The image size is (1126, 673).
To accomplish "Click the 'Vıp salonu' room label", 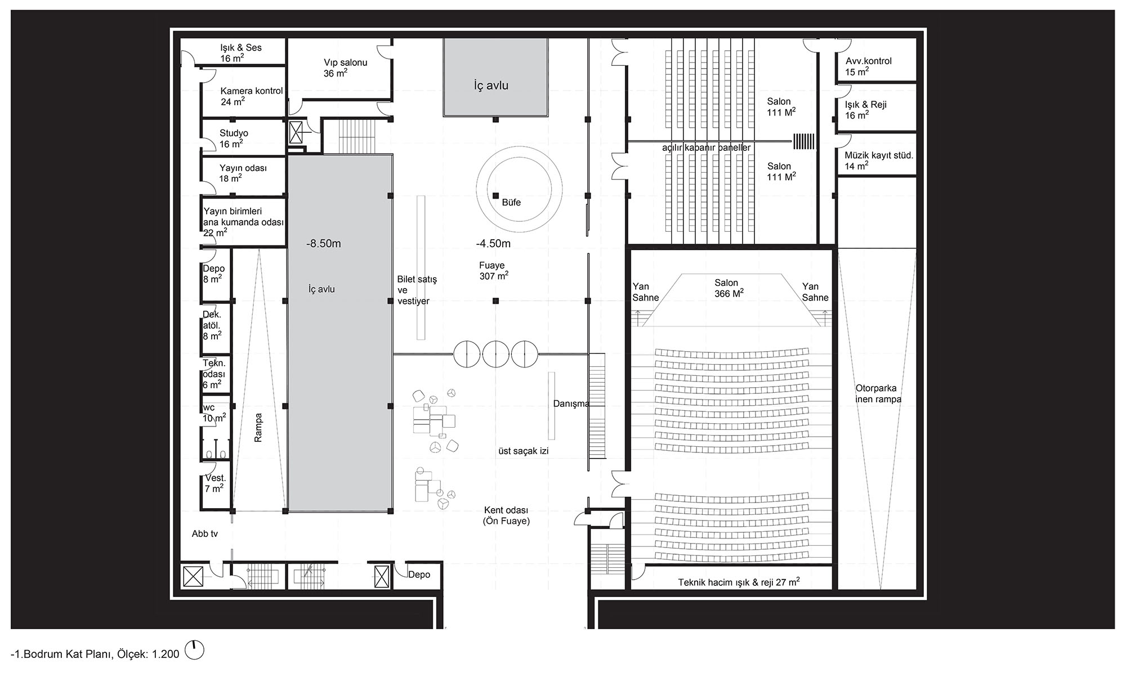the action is pos(345,68).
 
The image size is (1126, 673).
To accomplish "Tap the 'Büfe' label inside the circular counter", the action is pos(511,203).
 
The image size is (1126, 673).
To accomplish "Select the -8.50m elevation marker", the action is pos(324,244).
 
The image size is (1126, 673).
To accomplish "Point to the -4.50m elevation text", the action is pos(493,244).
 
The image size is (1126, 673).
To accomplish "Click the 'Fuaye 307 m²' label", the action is pos(494,271).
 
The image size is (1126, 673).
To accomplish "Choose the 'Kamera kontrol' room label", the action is pos(252,96).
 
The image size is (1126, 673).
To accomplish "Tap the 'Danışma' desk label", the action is pos(571,404).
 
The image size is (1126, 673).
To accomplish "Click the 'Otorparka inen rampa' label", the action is pos(878,394).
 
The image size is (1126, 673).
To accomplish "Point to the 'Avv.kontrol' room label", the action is pos(868,66).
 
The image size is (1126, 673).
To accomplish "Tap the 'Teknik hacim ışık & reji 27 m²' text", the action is pos(739,582).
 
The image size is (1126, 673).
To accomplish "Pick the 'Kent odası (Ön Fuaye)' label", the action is pos(506,516).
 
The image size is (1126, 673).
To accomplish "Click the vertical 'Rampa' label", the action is pos(258,428).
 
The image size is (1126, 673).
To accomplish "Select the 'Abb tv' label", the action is pos(205,534).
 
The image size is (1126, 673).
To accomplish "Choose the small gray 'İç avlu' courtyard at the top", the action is pos(495,77).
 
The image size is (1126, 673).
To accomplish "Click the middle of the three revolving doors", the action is pos(496,354).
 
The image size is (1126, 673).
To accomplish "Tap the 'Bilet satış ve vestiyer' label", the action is pos(417,290).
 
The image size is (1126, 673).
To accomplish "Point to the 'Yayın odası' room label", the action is pos(243,173).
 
